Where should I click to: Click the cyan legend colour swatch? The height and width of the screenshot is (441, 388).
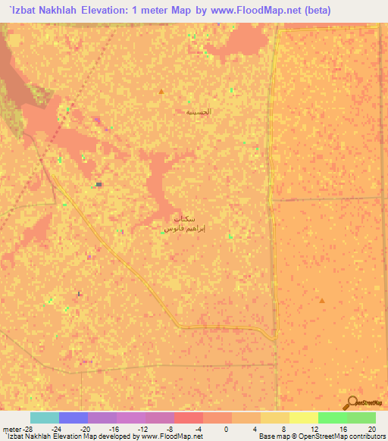pos(44,418)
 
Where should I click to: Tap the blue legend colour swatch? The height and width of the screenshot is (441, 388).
pos(73,418)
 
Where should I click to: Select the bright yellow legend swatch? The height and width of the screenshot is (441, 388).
pos(303,418)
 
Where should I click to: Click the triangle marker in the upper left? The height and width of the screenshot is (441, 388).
pos(161,92)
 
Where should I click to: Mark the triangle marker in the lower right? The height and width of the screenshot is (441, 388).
pos(322,301)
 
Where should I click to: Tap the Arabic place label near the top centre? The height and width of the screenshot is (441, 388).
pos(199,111)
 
